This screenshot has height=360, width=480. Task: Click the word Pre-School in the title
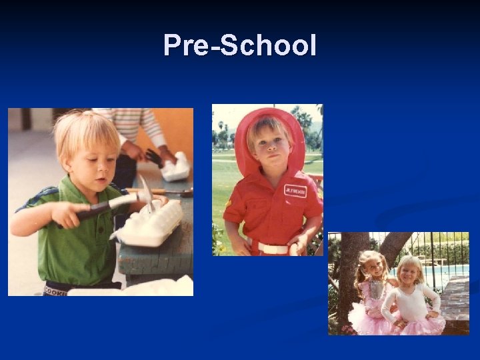tap(240, 46)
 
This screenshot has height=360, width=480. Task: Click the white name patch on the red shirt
tap(295, 191)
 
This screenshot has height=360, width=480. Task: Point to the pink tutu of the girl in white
tap(420, 323)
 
